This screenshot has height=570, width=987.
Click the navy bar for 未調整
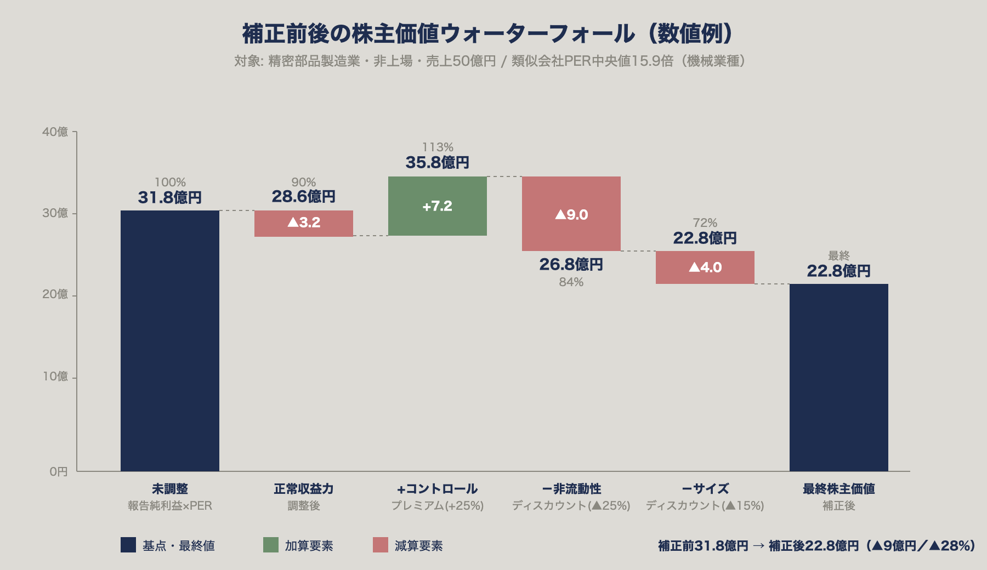point(170,340)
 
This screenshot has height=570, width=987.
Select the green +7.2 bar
point(437,206)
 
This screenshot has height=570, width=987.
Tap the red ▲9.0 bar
point(571,214)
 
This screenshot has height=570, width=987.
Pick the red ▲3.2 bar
point(303,223)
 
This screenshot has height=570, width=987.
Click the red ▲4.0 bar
point(705,267)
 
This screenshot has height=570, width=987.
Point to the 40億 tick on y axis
point(55,132)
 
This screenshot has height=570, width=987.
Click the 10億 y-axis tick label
point(55,377)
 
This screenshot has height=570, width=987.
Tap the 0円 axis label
point(58,471)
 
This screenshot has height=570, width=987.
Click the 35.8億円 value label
point(437,163)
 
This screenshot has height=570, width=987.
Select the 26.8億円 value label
point(571,265)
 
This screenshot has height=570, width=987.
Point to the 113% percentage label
point(437,147)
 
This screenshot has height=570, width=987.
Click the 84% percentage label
point(571,282)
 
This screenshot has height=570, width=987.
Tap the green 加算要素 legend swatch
point(271,545)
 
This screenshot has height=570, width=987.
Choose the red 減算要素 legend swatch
point(380,545)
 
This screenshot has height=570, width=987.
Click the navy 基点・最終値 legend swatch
point(128,545)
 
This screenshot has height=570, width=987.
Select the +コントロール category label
point(437,489)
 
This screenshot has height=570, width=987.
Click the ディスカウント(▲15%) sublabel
point(705,505)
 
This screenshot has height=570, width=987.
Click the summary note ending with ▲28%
point(816,546)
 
